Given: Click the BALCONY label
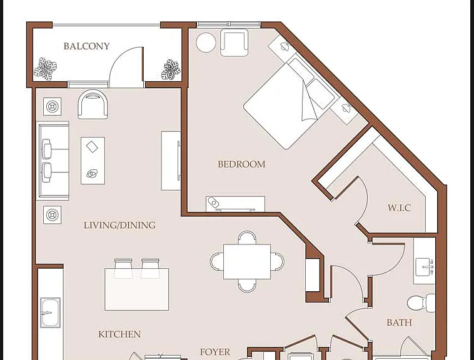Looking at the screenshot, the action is [86, 46].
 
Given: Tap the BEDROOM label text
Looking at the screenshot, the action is [241, 164].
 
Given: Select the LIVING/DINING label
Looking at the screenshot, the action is [119, 225].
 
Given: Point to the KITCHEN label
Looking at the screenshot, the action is [119, 334].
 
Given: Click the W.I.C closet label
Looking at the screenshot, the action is [399, 207].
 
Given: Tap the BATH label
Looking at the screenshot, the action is [399, 322].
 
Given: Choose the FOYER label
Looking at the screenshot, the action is [215, 352].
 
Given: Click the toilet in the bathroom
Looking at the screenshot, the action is [421, 303].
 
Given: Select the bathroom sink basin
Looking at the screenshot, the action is [425, 267].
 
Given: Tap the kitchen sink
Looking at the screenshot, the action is [50, 312].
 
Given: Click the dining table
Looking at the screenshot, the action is [247, 261].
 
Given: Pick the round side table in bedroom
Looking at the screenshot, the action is [206, 42].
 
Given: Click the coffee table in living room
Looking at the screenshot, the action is [93, 161].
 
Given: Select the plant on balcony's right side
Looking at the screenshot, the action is [171, 70].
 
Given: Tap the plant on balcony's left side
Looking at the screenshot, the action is [46, 69].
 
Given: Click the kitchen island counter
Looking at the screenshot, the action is [137, 289].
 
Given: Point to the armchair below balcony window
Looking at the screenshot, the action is [93, 104].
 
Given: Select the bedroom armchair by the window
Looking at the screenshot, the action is [234, 42].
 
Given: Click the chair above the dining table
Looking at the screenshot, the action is [247, 237].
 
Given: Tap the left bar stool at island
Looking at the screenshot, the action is [123, 268].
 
